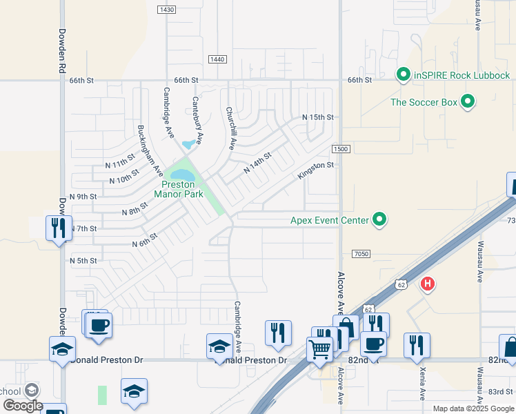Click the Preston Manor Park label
[182, 189]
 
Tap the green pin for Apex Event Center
[379, 221]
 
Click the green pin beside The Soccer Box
[468, 102]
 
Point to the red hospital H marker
[428, 284]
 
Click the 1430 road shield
[166, 9]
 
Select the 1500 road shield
[340, 150]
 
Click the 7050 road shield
[361, 254]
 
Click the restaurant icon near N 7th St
[57, 227]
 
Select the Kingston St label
[315, 170]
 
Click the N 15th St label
[318, 118]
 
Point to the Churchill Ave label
[231, 128]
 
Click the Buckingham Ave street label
[150, 150]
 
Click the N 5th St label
[83, 261]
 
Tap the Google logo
[22, 406]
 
